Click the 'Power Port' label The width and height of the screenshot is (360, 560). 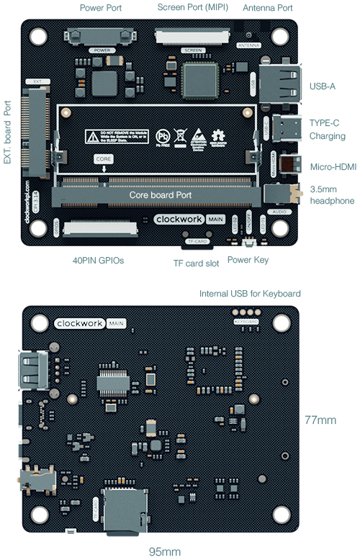tap(99, 9)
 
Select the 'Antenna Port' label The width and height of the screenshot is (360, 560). tap(267, 9)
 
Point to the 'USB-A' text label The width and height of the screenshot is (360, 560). tap(322, 86)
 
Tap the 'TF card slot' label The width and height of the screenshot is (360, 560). tap(197, 263)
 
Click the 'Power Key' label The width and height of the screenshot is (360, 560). tap(248, 260)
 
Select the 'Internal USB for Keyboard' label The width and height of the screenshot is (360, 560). tap(250, 294)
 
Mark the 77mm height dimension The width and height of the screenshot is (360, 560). tap(319, 420)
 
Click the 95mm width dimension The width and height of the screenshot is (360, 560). tap(164, 551)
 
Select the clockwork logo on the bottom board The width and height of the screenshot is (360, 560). tap(80, 324)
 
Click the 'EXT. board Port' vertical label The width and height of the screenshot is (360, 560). tap(8, 132)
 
